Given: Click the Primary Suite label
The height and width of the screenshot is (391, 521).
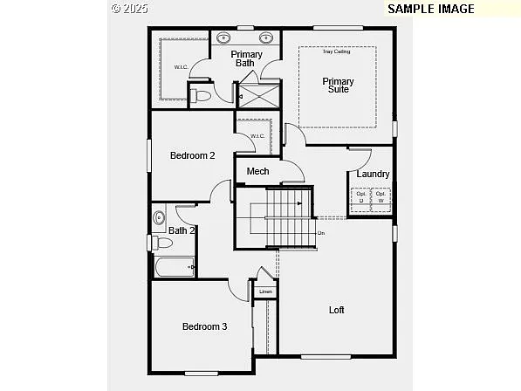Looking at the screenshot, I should pos(338,86).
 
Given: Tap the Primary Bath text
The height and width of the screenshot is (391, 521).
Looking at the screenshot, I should pos(246,58).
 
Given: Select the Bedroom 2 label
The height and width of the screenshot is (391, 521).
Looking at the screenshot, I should pos(192,155).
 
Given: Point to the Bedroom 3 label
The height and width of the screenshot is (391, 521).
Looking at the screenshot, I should pos(204,326).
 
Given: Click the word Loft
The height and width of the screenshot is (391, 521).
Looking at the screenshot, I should pos(336,310).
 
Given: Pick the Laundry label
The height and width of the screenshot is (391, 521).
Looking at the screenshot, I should pos(373,174).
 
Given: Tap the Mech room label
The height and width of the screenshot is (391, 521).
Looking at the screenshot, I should pos(257,171).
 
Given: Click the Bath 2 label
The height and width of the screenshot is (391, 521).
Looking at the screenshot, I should pos(182,230).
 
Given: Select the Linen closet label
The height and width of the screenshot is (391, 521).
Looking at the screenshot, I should pos(266,291).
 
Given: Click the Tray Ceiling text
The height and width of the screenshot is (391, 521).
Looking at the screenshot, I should pos(336,51).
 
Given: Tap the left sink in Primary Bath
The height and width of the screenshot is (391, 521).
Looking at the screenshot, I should pos(223,38).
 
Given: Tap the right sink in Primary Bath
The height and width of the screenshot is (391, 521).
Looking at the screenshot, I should pos(266,38).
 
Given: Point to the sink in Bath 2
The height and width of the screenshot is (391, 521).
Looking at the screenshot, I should pos(159,217).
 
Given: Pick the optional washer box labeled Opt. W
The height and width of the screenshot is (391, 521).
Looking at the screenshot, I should pos(380,197).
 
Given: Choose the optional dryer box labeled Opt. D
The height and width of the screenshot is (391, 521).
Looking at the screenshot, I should pos(360,197).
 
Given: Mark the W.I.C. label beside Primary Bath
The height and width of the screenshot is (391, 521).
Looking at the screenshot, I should pos(181,67).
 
